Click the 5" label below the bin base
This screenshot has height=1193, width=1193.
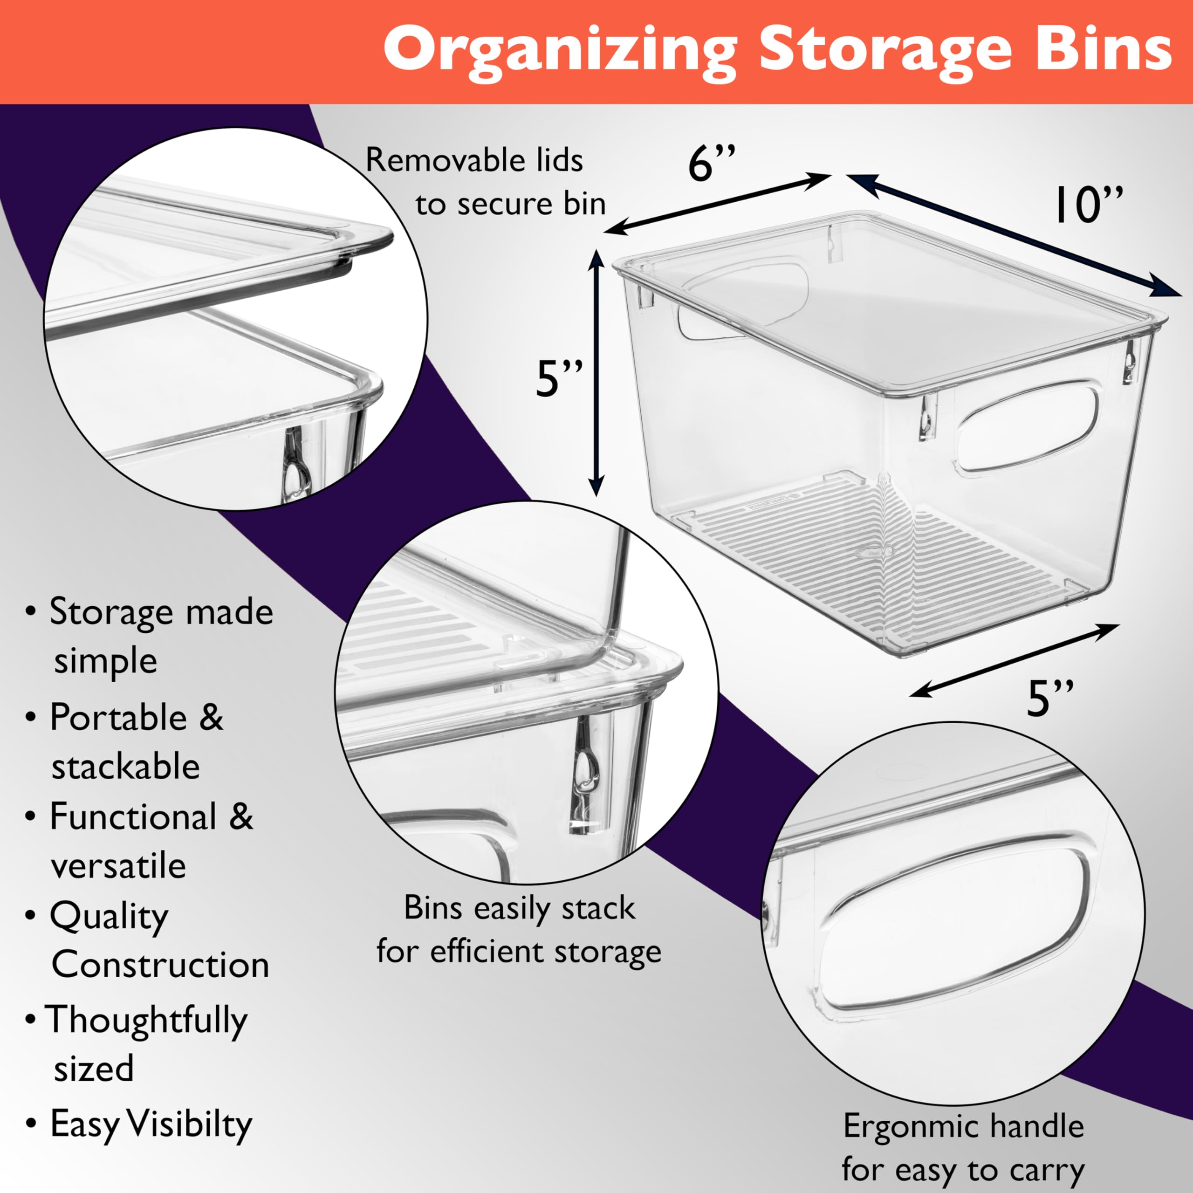[x=1050, y=699]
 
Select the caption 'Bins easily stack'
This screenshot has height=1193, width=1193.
[x=519, y=908]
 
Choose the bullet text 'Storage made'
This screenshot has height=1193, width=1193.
[x=161, y=612]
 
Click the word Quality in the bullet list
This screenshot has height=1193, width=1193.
[x=109, y=917]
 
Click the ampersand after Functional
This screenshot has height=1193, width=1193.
[x=241, y=816]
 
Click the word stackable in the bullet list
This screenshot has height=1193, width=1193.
[x=126, y=766]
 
